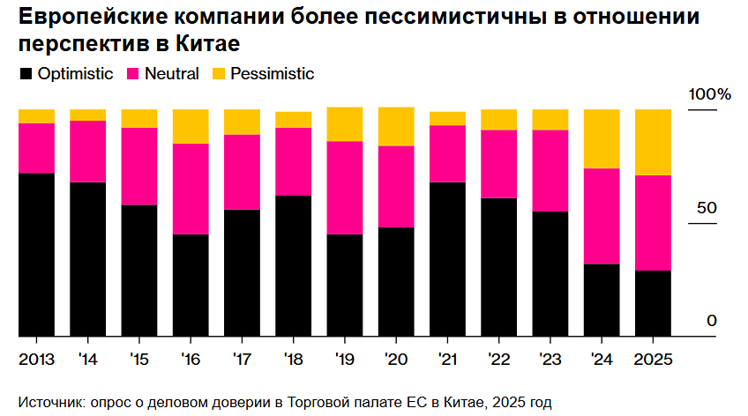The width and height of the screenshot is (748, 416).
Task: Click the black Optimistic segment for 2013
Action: (36, 255)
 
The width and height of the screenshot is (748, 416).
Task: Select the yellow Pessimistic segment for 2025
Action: (653, 142)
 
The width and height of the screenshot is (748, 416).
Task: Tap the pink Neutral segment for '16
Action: (191, 189)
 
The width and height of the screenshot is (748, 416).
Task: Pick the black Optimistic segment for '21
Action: (447, 259)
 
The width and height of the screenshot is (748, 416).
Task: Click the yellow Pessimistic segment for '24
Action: (602, 138)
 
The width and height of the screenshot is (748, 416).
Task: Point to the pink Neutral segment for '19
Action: (344, 188)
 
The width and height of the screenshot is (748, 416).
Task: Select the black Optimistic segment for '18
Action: (293, 265)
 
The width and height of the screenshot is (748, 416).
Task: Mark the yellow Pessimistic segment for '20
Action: (396, 126)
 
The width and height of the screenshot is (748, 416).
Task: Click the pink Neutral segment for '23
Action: (550, 171)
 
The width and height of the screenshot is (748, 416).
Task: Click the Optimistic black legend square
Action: (26, 75)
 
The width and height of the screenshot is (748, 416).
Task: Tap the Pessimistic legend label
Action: (272, 74)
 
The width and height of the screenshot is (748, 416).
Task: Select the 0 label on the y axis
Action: (711, 322)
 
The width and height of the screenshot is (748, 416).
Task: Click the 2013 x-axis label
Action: (36, 361)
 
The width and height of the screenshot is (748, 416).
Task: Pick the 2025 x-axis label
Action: (653, 361)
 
